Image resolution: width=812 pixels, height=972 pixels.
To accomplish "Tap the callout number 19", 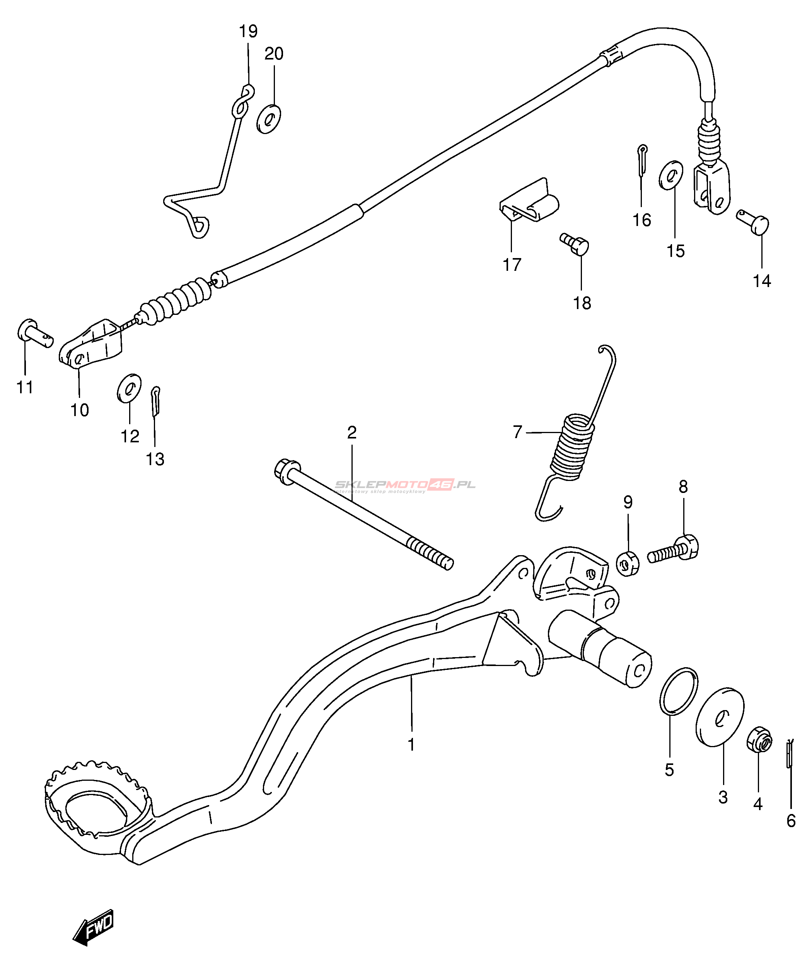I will (x=248, y=31).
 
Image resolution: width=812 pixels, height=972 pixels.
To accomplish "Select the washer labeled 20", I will (x=269, y=119).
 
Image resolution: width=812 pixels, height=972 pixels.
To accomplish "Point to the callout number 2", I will (x=351, y=432).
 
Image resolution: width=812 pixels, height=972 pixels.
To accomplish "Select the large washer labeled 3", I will (x=720, y=717).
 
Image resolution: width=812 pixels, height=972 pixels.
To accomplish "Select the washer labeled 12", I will (x=129, y=388).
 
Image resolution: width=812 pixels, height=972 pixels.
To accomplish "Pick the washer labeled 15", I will (x=671, y=175).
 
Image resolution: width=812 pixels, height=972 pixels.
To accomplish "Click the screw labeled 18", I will (x=575, y=243).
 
